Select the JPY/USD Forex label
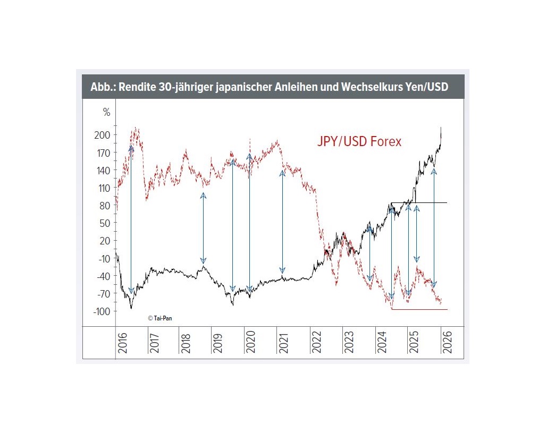[359, 142]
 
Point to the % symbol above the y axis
[106, 112]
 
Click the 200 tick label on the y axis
[103, 135]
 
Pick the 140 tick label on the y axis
[103, 170]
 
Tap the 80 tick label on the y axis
[104, 206]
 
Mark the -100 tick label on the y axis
[101, 311]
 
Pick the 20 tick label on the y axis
[104, 241]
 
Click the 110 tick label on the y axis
[103, 188]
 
